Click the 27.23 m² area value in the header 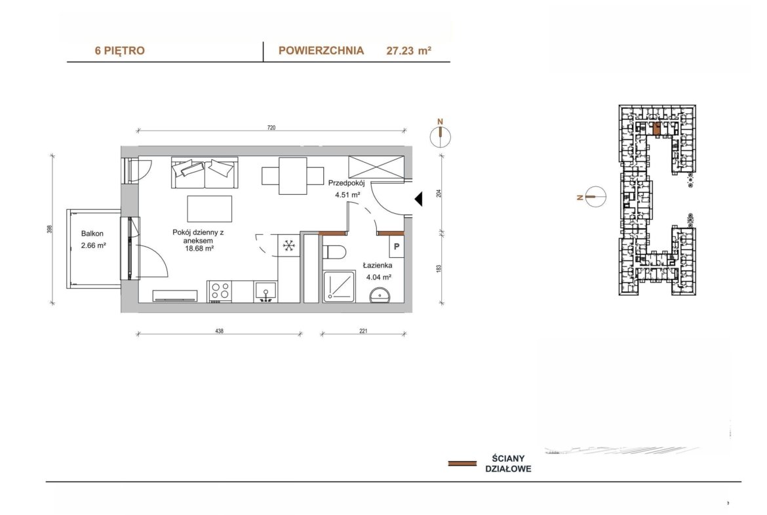[x=409, y=51]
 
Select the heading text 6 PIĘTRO [x=120, y=51]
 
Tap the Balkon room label [x=92, y=234]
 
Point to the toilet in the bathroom [x=334, y=252]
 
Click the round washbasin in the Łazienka [x=380, y=295]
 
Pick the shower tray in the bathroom [x=340, y=287]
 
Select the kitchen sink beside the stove [x=265, y=292]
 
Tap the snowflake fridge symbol [x=288, y=245]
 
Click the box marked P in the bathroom [x=397, y=247]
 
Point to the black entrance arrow [x=419, y=199]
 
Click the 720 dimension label [x=271, y=128]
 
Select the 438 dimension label [x=219, y=331]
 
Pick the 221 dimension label [x=363, y=331]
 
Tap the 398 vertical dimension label [x=49, y=229]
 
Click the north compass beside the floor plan [x=441, y=136]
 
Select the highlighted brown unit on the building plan [x=656, y=129]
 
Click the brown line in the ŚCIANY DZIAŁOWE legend [x=462, y=463]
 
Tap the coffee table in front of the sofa [x=209, y=209]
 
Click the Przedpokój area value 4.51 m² [x=348, y=194]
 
